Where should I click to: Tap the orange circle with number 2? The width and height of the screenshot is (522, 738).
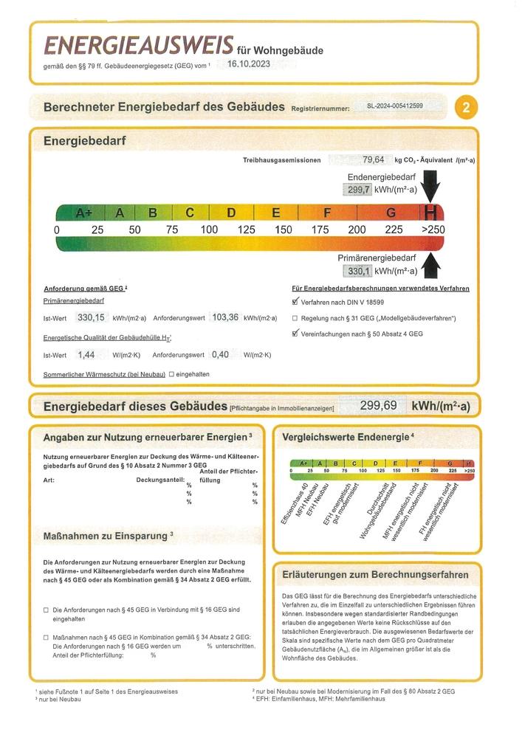[466, 108]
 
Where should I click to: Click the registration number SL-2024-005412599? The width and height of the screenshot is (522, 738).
[395, 106]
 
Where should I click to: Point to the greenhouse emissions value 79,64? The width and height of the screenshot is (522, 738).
[373, 159]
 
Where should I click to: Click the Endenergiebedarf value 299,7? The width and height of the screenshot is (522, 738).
[358, 190]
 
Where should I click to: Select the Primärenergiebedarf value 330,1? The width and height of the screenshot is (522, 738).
[358, 271]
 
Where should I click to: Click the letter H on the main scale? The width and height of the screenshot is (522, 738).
[430, 213]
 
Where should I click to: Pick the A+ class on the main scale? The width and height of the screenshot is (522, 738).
[83, 213]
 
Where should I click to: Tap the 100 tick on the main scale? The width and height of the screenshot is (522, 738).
[209, 230]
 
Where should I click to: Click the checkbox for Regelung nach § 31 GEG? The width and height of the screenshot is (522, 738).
[295, 318]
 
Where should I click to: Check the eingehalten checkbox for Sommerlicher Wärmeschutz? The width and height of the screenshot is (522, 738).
[172, 374]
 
